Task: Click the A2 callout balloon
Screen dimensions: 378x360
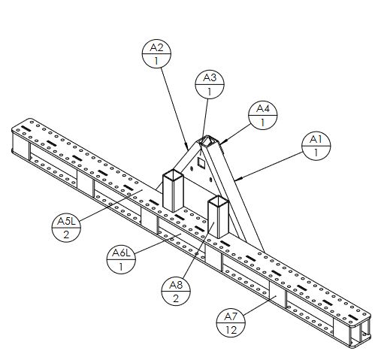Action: pyautogui.click(x=156, y=54)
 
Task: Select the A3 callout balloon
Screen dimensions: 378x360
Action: pyautogui.click(x=210, y=85)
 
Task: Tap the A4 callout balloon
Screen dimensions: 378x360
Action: pyautogui.click(x=263, y=116)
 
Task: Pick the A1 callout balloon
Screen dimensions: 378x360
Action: pyautogui.click(x=316, y=146)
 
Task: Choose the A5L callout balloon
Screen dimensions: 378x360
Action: pyautogui.click(x=66, y=228)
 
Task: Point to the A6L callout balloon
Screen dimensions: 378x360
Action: pyautogui.click(x=121, y=259)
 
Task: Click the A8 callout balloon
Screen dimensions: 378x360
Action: pyautogui.click(x=176, y=292)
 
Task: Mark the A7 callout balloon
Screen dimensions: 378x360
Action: pyautogui.click(x=231, y=322)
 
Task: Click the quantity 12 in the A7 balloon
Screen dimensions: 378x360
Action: pyautogui.click(x=231, y=330)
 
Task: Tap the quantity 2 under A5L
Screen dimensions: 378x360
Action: pyautogui.click(x=66, y=234)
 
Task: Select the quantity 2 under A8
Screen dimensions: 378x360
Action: pyautogui.click(x=176, y=298)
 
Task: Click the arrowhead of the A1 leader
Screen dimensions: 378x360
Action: pyautogui.click(x=239, y=179)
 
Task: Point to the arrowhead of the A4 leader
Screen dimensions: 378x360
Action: pyautogui.click(x=223, y=143)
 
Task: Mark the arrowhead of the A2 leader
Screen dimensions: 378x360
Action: pyautogui.click(x=187, y=146)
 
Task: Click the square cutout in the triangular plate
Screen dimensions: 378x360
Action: pyautogui.click(x=201, y=162)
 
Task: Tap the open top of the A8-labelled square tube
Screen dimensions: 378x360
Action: pyautogui.click(x=218, y=200)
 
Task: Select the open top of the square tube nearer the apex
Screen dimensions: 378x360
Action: pyautogui.click(x=173, y=174)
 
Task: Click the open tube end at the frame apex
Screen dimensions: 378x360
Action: pyautogui.click(x=207, y=141)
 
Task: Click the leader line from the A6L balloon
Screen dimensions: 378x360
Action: pyautogui.click(x=159, y=243)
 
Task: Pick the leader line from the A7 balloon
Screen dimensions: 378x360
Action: pyautogui.click(x=259, y=305)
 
